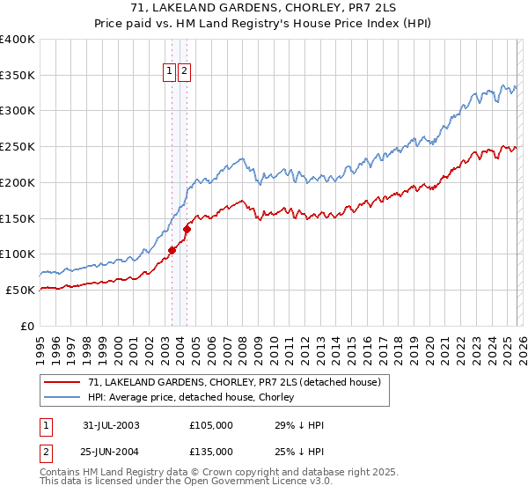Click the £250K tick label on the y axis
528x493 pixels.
pyautogui.click(x=18, y=147)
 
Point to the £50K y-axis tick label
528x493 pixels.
pyautogui.click(x=20, y=290)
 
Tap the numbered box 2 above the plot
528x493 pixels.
pyautogui.click(x=185, y=73)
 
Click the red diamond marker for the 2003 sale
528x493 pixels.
pyautogui.click(x=172, y=250)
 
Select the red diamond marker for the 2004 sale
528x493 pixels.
pyautogui.click(x=187, y=229)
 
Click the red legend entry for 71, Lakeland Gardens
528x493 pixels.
pyautogui.click(x=233, y=382)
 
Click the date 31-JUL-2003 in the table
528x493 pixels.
pyautogui.click(x=111, y=425)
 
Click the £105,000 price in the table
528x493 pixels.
pyautogui.click(x=211, y=425)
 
